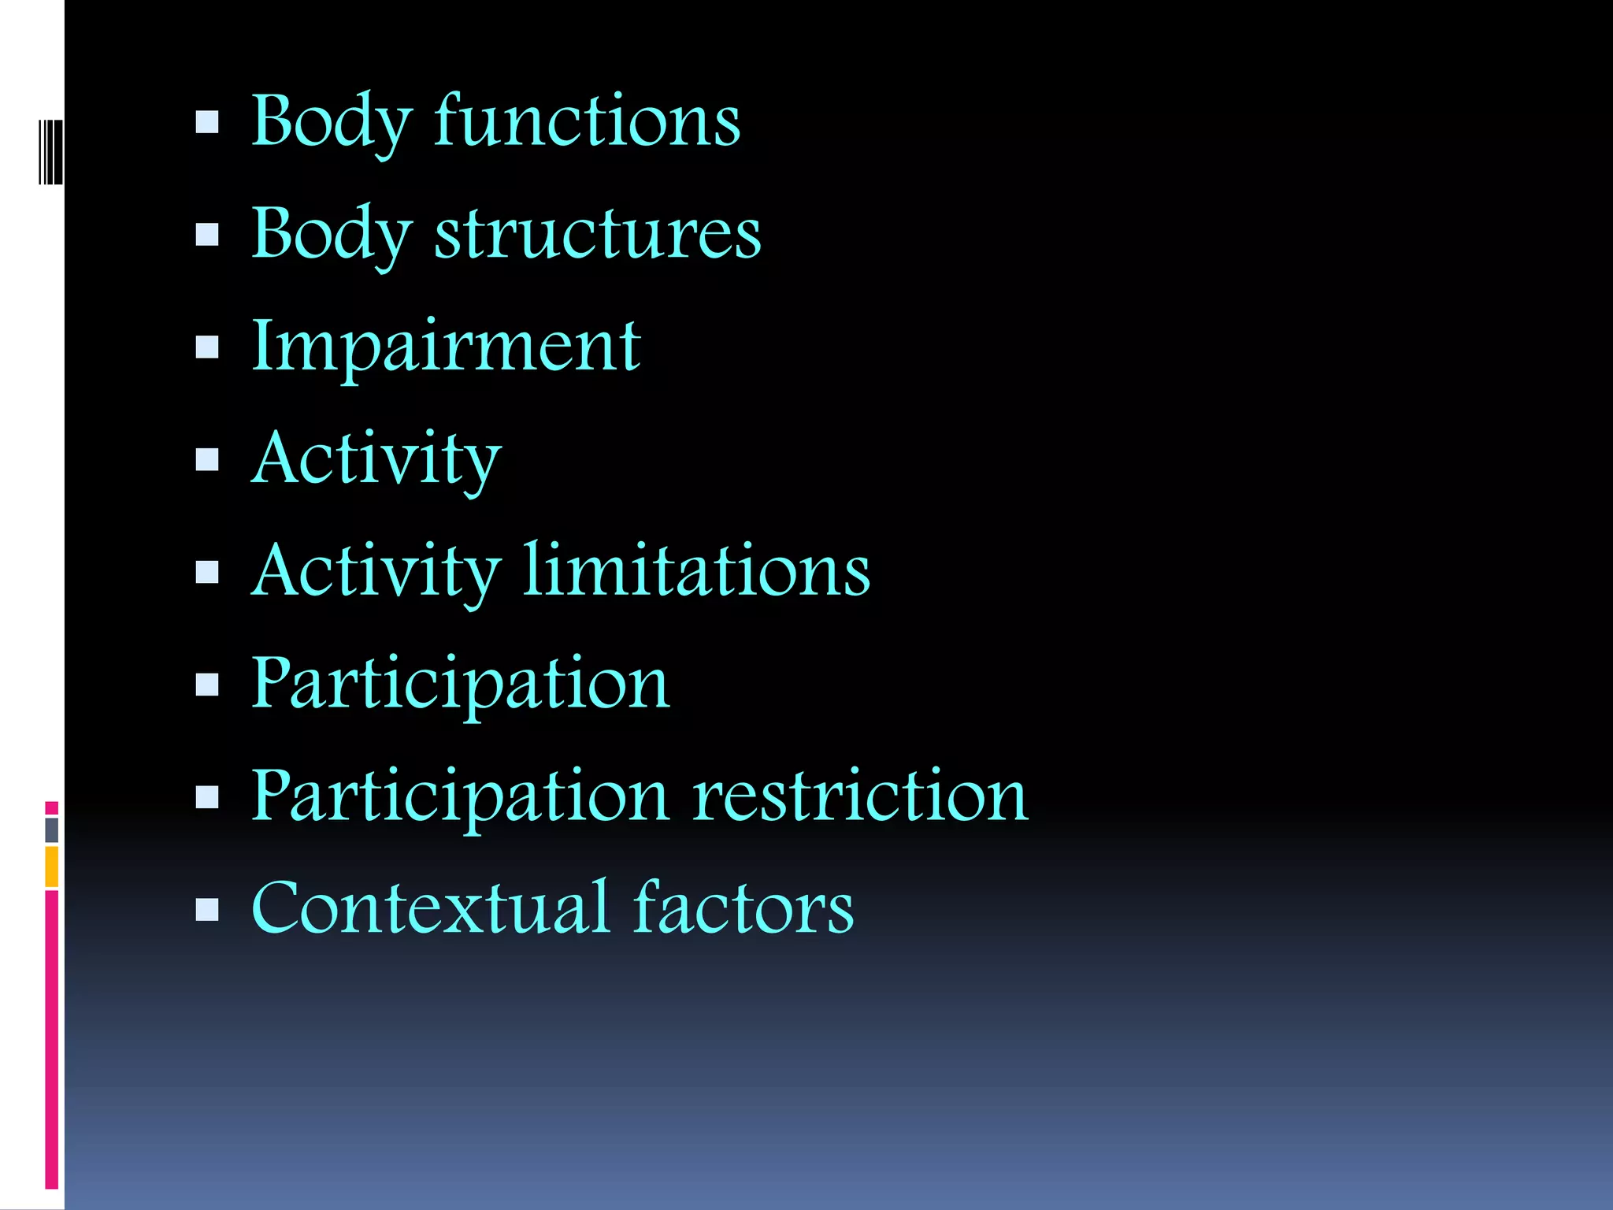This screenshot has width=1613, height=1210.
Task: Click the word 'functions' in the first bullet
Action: pos(587,121)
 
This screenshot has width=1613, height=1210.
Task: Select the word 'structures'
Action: pos(598,234)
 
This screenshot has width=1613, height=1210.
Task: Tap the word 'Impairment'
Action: pos(446,347)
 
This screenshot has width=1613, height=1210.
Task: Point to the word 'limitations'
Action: pos(697,570)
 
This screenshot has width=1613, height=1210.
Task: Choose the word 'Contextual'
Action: pos(430,908)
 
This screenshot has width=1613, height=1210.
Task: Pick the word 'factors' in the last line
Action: pos(743,908)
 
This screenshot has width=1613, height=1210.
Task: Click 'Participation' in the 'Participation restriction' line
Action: pos(460,798)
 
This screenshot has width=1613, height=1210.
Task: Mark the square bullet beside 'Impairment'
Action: pos(207,347)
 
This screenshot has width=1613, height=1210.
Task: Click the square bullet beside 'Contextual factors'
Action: pos(207,910)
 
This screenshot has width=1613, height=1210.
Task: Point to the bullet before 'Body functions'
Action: pos(207,122)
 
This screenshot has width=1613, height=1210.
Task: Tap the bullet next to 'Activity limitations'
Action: pos(207,572)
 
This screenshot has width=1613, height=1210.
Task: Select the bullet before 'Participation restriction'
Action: pos(207,797)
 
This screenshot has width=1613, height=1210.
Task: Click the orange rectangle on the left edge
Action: pos(52,867)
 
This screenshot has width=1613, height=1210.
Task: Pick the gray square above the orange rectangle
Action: pos(52,830)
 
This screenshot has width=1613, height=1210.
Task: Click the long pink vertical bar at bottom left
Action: pos(52,1040)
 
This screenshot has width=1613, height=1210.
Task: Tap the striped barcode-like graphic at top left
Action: pos(50,151)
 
